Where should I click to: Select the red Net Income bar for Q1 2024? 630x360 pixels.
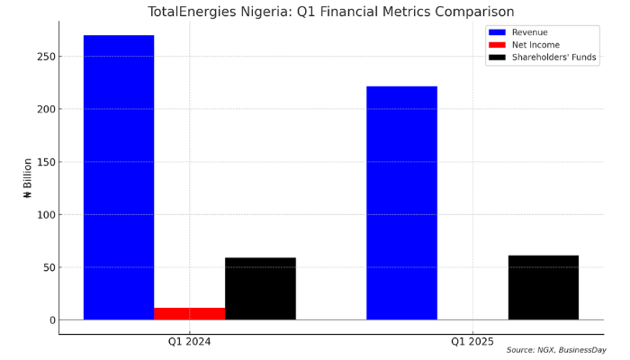pos(189,314)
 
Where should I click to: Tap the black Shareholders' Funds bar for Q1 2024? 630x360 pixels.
pos(260,289)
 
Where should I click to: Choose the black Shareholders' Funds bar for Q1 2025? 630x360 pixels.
pos(543,288)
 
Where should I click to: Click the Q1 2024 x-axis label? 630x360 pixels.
pos(189,342)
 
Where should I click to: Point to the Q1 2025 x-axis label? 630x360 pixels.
pos(472,342)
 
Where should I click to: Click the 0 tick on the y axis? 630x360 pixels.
pos(52,320)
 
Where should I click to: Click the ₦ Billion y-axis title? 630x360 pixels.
pos(28,177)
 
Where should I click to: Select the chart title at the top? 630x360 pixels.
pos(331,12)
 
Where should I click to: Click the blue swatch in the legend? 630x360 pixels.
pos(497,32)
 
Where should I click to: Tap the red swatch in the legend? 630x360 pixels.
pos(497,45)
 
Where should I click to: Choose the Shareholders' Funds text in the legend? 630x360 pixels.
pos(554,58)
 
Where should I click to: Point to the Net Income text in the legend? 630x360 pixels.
pos(535,45)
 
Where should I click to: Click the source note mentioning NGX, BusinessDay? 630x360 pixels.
pos(555,350)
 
